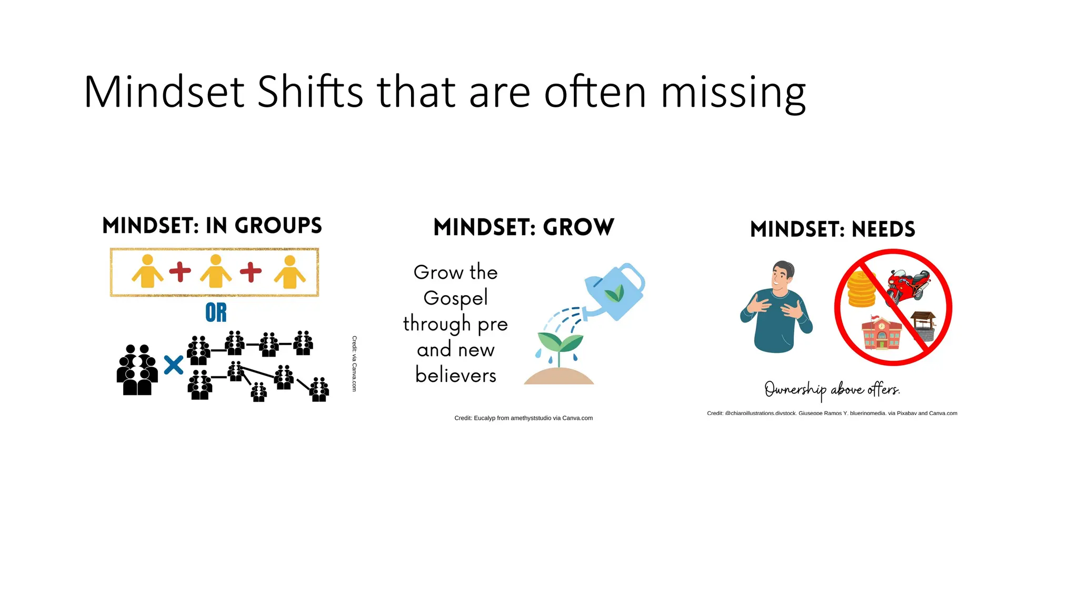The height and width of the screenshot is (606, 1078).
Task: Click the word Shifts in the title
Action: coord(310,92)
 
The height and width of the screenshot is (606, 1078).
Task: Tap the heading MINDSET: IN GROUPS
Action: coord(212,226)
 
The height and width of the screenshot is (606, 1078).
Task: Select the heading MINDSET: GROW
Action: coord(524,227)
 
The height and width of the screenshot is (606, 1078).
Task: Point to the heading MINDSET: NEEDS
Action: coord(833,229)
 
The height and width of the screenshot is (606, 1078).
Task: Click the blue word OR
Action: coord(216,312)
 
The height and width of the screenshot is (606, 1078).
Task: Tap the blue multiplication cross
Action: coord(174,365)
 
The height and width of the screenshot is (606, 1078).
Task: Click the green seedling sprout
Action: coord(560,345)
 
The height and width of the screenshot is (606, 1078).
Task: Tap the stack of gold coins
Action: coord(862,290)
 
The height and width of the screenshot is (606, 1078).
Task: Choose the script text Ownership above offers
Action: coord(832,389)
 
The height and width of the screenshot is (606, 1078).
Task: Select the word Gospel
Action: coord(456,298)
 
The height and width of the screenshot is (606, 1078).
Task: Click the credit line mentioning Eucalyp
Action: coord(523,418)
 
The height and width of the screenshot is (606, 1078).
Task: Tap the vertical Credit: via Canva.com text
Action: coord(354,363)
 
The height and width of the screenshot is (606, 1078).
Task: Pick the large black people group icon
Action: coord(137,370)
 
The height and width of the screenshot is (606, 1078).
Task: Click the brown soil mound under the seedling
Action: coord(559,377)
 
